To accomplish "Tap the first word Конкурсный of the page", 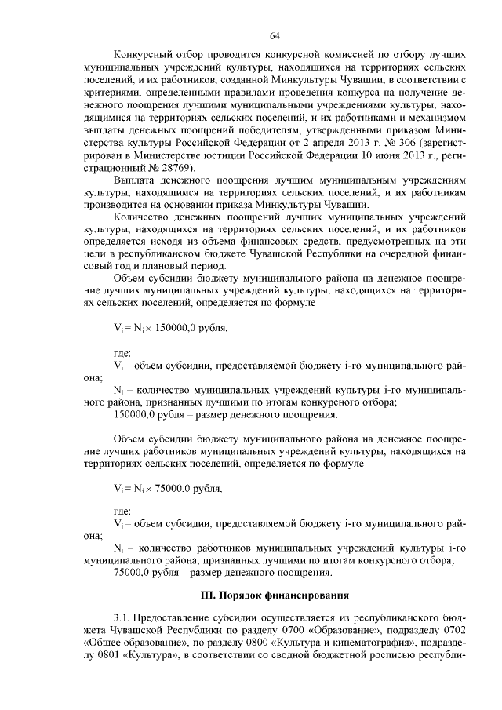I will tap(143, 57).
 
